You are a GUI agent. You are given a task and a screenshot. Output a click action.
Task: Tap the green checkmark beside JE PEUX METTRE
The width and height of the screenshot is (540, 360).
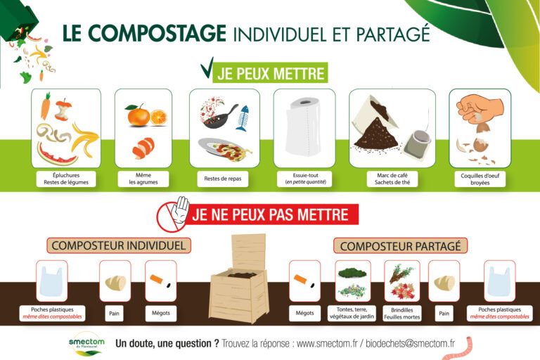tap(207, 70)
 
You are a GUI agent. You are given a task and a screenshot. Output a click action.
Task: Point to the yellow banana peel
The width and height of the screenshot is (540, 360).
tap(85, 137)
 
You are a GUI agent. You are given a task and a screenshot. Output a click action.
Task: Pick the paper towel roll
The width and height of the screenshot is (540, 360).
tap(304, 127)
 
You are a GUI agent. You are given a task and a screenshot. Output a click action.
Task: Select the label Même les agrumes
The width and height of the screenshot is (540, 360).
tap(143, 178)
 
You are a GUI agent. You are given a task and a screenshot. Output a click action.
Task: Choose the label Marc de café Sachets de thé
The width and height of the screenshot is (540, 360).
tap(392, 178)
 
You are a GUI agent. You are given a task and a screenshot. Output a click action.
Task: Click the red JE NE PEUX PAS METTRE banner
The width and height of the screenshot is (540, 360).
tap(271, 214)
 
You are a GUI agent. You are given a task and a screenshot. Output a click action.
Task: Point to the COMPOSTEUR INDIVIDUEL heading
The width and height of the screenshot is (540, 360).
tap(119, 245)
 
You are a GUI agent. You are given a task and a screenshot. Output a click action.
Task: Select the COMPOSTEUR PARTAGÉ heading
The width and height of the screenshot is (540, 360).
tap(400, 246)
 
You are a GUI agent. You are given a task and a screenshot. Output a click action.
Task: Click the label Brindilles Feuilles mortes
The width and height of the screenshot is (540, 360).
tap(401, 313)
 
